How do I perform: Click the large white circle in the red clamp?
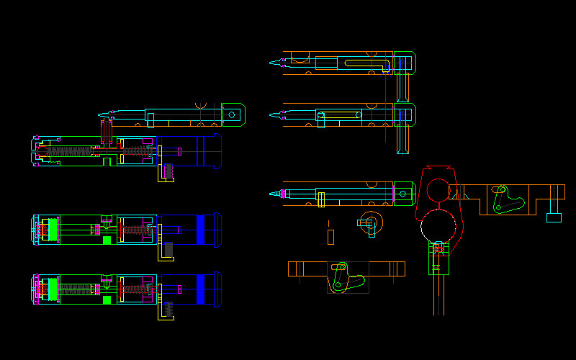pyautogui.click(x=439, y=225)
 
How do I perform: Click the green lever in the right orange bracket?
pyautogui.click(x=507, y=200)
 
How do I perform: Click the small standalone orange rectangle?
pyautogui.click(x=330, y=236)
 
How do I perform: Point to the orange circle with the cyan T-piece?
pyautogui.click(x=368, y=222)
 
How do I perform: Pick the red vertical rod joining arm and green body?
pyautogui.click(x=103, y=131)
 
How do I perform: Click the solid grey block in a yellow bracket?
pyautogui.click(x=168, y=249)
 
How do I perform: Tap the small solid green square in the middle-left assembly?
pyautogui.click(x=107, y=240)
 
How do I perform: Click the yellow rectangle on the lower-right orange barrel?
pyautogui.click(x=320, y=199)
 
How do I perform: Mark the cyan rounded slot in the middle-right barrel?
pyautogui.click(x=338, y=114)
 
